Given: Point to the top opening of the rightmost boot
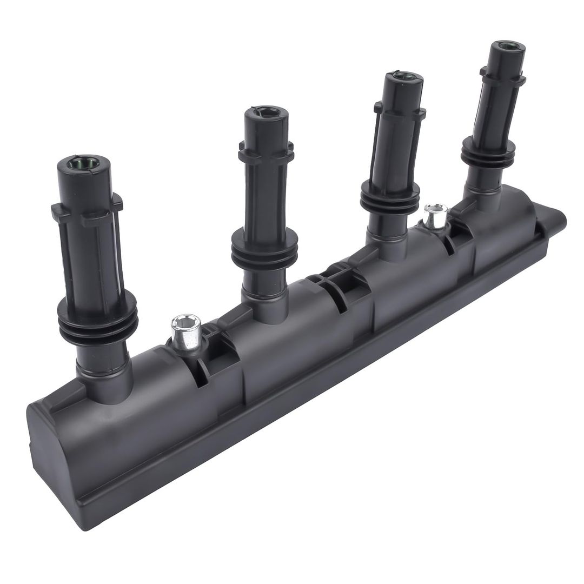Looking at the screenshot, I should click(507, 45).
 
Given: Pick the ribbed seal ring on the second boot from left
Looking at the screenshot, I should click(264, 250).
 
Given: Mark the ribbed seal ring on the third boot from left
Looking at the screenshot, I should click(389, 203).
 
